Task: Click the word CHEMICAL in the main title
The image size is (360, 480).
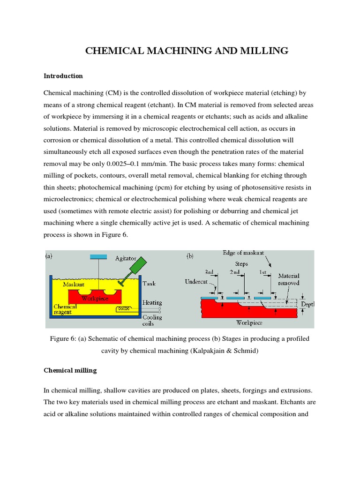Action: [x=113, y=51]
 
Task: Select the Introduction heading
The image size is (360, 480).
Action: [x=63, y=76]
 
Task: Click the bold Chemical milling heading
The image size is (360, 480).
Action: [x=70, y=370]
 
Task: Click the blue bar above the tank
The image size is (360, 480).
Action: [x=97, y=256]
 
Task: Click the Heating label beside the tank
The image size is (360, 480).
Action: [x=153, y=303]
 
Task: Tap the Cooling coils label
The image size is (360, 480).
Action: [x=152, y=320]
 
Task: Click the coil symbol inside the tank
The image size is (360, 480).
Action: [x=125, y=309]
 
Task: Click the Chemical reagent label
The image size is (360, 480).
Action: [x=64, y=309]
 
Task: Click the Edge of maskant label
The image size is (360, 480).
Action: [x=243, y=253]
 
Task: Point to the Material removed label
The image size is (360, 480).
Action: [x=289, y=279]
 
